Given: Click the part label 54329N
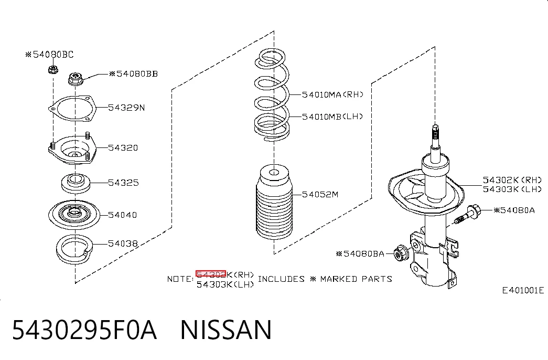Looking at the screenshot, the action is click(x=126, y=108).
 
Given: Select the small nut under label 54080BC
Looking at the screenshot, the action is click(x=53, y=69).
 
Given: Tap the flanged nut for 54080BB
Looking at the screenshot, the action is click(x=75, y=79).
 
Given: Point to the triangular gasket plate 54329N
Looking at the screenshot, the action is click(x=72, y=108).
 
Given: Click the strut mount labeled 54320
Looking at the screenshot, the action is click(x=72, y=150).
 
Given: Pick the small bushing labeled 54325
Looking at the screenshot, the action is click(x=76, y=183).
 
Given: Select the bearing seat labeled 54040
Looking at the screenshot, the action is click(x=74, y=215).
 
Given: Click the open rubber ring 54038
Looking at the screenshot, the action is click(x=74, y=249).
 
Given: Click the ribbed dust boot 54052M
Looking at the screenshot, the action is click(x=274, y=203).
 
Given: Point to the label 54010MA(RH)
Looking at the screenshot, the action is click(x=332, y=94).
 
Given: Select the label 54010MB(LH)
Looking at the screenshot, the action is click(x=332, y=117).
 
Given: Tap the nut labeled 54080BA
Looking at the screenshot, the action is click(x=401, y=253).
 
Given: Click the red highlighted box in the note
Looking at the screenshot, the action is click(x=211, y=274).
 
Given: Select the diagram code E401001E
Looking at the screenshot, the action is click(x=523, y=290).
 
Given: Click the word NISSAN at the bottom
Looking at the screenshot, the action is click(x=226, y=330).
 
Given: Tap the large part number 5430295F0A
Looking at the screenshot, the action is click(x=84, y=330).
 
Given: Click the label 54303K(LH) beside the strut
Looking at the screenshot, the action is click(x=512, y=189).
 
